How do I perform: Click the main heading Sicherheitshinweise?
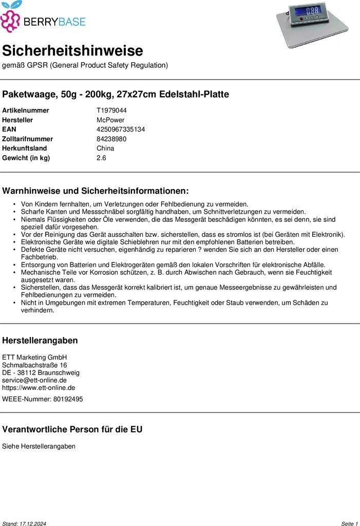tap(72, 51)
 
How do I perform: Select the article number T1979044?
tap(111, 110)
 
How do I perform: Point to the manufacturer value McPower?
tap(110, 120)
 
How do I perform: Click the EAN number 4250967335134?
tap(121, 129)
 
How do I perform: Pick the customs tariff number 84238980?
tap(111, 139)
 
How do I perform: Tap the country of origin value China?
tap(105, 148)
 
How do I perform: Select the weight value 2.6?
tap(101, 158)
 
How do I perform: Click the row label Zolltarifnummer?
tap(28, 139)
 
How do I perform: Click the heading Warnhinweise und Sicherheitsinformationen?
tap(96, 191)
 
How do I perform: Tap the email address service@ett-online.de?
tap(34, 380)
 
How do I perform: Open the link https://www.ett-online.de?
tap(39, 388)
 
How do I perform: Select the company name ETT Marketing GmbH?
tap(34, 358)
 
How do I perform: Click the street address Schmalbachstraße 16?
tap(34, 365)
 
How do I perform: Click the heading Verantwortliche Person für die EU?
tap(72, 429)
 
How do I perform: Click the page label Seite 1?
tap(349, 523)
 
